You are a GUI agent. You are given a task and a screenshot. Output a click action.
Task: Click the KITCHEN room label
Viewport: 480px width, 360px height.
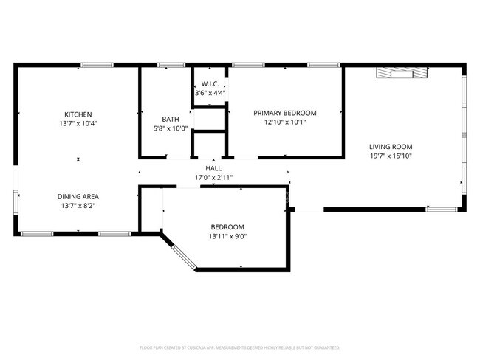click(78, 114)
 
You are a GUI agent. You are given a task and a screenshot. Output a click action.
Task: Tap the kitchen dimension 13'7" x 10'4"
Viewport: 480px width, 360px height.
click(78, 123)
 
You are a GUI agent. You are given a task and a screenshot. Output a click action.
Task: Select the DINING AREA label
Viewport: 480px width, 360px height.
click(78, 196)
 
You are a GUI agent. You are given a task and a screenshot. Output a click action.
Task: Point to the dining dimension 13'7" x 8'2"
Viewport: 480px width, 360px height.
click(78, 206)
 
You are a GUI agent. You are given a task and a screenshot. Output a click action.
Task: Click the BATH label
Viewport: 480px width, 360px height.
click(171, 120)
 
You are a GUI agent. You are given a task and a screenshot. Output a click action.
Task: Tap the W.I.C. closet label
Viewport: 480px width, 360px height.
click(208, 84)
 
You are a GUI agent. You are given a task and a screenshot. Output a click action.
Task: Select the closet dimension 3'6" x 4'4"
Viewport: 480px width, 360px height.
click(210, 93)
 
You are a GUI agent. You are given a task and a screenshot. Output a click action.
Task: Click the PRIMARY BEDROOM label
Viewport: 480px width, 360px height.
click(284, 113)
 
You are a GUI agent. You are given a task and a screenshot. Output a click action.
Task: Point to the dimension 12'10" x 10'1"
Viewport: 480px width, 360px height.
click(284, 122)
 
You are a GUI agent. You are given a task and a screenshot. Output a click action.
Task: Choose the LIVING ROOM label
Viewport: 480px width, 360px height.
click(391, 146)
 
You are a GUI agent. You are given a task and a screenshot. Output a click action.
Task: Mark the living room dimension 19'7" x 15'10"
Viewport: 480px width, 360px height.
click(391, 156)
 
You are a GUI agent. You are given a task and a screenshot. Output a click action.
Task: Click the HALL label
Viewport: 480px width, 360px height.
click(213, 169)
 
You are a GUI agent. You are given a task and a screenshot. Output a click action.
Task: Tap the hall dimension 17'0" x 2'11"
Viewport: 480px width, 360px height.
click(213, 178)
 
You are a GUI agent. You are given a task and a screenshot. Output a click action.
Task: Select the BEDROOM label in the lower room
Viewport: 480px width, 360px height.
click(227, 226)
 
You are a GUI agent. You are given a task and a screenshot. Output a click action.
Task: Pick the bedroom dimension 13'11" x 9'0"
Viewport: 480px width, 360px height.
click(227, 236)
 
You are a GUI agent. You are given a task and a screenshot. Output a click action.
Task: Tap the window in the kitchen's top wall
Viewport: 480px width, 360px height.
click(92, 66)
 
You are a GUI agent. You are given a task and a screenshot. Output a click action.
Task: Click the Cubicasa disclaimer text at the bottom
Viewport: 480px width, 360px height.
click(239, 347)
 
